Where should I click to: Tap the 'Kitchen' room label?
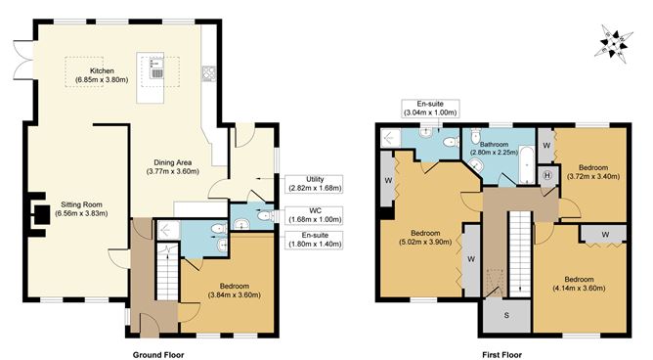[104, 71]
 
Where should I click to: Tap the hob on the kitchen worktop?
[208, 71]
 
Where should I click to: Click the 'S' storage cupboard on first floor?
[506, 315]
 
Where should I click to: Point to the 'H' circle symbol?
[546, 175]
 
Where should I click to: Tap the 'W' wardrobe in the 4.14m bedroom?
[606, 234]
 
